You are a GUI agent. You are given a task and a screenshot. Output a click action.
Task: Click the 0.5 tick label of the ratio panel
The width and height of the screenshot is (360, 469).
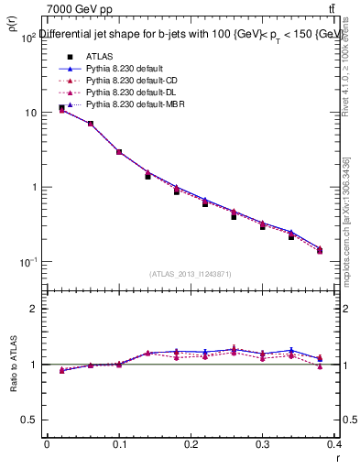click(x=29, y=420)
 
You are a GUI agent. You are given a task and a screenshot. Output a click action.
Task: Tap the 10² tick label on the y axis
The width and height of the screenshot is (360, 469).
click(x=27, y=38)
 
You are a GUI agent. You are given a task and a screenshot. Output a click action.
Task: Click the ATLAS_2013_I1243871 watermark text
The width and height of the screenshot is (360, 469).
click(x=191, y=274)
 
